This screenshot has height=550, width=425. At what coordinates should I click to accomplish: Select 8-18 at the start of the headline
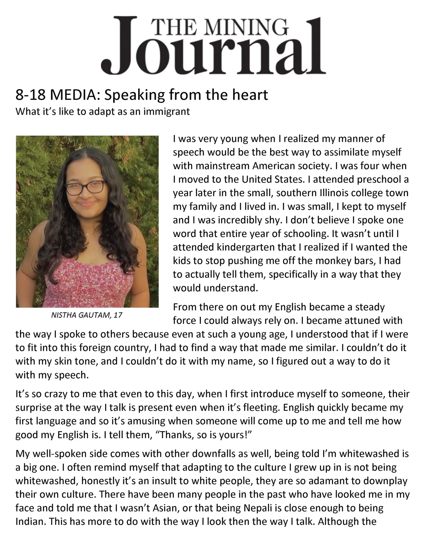[30, 95]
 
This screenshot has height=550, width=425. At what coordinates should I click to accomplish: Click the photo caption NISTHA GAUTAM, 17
[87, 315]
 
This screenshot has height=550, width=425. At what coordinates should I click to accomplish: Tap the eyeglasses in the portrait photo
[85, 188]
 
